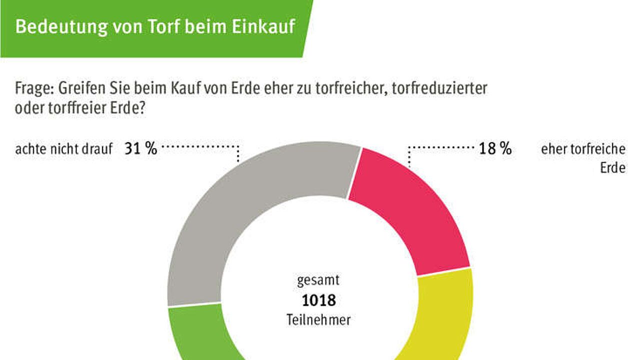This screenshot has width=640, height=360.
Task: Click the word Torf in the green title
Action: pos(163,26)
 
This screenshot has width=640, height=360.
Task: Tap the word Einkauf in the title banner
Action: pos(263,26)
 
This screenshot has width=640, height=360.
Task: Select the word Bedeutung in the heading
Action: pos(61,27)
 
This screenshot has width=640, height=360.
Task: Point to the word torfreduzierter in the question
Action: pos(439,88)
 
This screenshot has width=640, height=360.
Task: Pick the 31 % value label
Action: pos(141,148)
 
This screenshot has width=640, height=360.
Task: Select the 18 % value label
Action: pos(495,148)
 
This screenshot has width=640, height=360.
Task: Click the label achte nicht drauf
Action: pos(63,149)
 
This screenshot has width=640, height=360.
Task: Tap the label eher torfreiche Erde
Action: pos(583,158)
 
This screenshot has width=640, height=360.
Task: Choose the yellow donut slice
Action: pos(440,317)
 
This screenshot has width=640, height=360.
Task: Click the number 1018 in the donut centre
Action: pos(319,300)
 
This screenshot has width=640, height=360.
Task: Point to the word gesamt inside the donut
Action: pos(318,280)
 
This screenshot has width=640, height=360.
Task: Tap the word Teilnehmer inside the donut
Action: pos(318,319)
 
